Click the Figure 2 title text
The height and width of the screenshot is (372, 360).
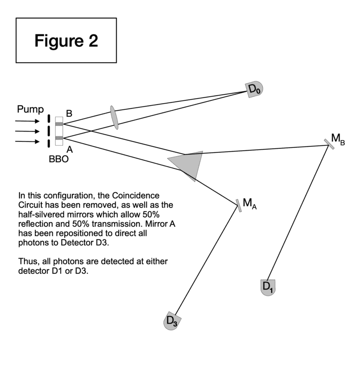tap(66, 40)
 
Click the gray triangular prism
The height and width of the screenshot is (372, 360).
tap(189, 164)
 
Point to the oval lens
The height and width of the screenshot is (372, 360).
tap(114, 117)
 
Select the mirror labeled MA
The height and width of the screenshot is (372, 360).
tap(238, 206)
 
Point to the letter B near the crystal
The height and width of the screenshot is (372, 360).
tap(69, 113)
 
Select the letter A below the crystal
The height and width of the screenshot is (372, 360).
tap(69, 150)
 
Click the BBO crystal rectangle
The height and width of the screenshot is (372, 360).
tap(59, 131)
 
